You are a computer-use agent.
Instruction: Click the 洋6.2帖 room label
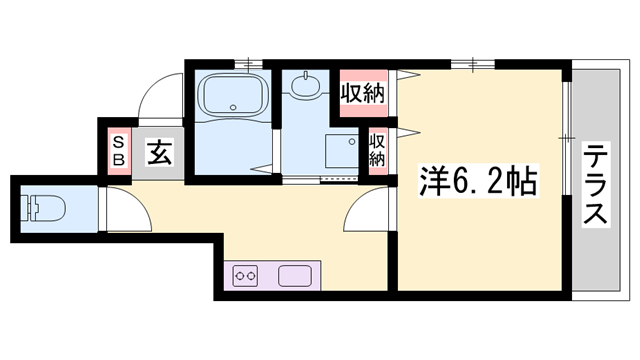(478, 182)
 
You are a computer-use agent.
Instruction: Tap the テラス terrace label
(596, 184)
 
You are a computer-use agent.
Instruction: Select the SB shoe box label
(118, 151)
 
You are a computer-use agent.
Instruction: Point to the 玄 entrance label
(160, 152)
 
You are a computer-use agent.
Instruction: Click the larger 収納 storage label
(363, 93)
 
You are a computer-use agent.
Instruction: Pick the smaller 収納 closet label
(377, 151)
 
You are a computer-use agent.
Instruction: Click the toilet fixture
(43, 209)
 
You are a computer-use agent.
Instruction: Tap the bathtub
(233, 94)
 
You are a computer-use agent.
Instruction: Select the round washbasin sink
(305, 85)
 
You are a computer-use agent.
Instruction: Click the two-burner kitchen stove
(245, 276)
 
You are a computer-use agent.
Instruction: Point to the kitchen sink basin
(295, 276)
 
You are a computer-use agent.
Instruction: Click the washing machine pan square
(342, 151)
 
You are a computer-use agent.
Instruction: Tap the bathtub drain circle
(233, 108)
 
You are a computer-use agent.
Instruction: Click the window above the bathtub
(249, 64)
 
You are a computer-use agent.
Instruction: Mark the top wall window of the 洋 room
(473, 64)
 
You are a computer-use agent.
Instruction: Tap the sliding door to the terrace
(566, 139)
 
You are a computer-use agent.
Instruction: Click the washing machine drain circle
(352, 142)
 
